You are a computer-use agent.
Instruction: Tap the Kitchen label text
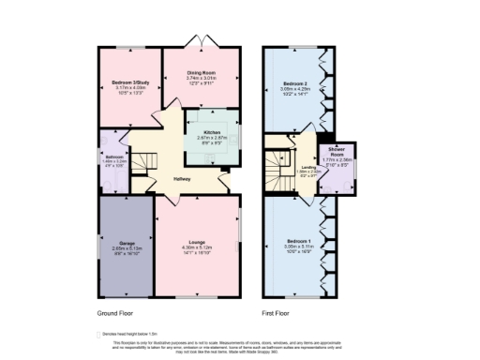[x=212, y=133]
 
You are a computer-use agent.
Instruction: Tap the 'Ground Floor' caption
[x=116, y=311]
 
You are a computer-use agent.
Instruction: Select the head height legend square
[x=99, y=332]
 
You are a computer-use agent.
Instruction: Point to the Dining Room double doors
[x=203, y=43]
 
